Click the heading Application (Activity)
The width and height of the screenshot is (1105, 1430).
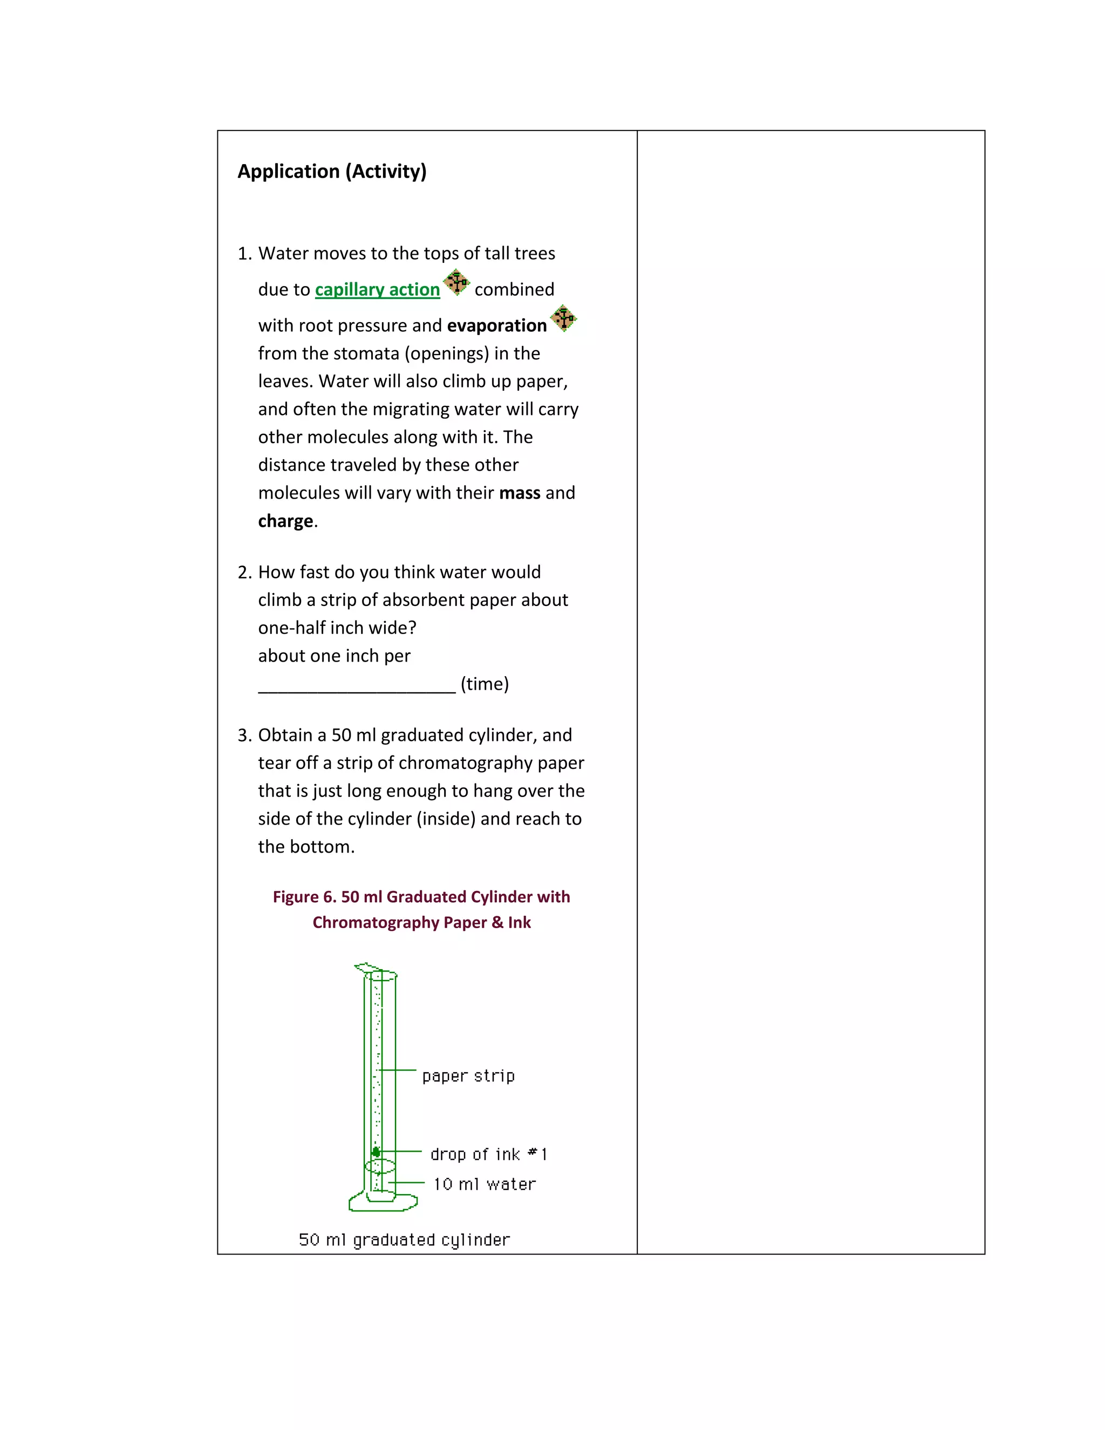point(332,172)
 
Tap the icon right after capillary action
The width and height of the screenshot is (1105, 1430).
point(456,283)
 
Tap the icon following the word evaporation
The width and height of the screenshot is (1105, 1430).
point(563,318)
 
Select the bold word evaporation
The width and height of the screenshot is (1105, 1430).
point(496,325)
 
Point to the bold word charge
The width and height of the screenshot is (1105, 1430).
point(285,521)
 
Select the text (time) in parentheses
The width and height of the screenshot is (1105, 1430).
point(485,684)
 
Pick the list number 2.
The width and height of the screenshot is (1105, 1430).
point(244,572)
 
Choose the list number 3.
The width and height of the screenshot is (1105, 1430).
point(244,736)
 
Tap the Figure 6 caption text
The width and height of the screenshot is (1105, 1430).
point(421,909)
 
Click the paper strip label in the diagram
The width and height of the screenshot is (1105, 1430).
point(468,1076)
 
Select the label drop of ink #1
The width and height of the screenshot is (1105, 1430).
point(488,1154)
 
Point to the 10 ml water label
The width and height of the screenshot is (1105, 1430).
point(485,1184)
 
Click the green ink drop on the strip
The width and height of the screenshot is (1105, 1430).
point(376,1152)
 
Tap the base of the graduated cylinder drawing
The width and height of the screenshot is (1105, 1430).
point(383,1202)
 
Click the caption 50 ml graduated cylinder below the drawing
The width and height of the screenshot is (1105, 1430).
point(404,1240)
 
